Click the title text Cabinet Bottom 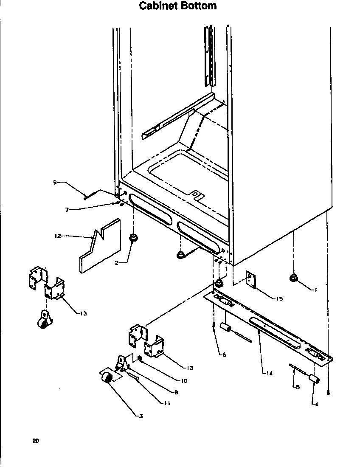click(x=178, y=6)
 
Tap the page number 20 click(x=35, y=441)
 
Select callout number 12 click(x=57, y=236)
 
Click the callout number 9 click(x=55, y=182)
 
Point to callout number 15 click(x=279, y=299)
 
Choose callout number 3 click(x=141, y=416)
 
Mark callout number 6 click(x=223, y=354)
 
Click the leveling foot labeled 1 click(x=292, y=278)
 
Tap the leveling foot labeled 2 click(x=133, y=239)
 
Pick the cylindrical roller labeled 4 click(x=313, y=379)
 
